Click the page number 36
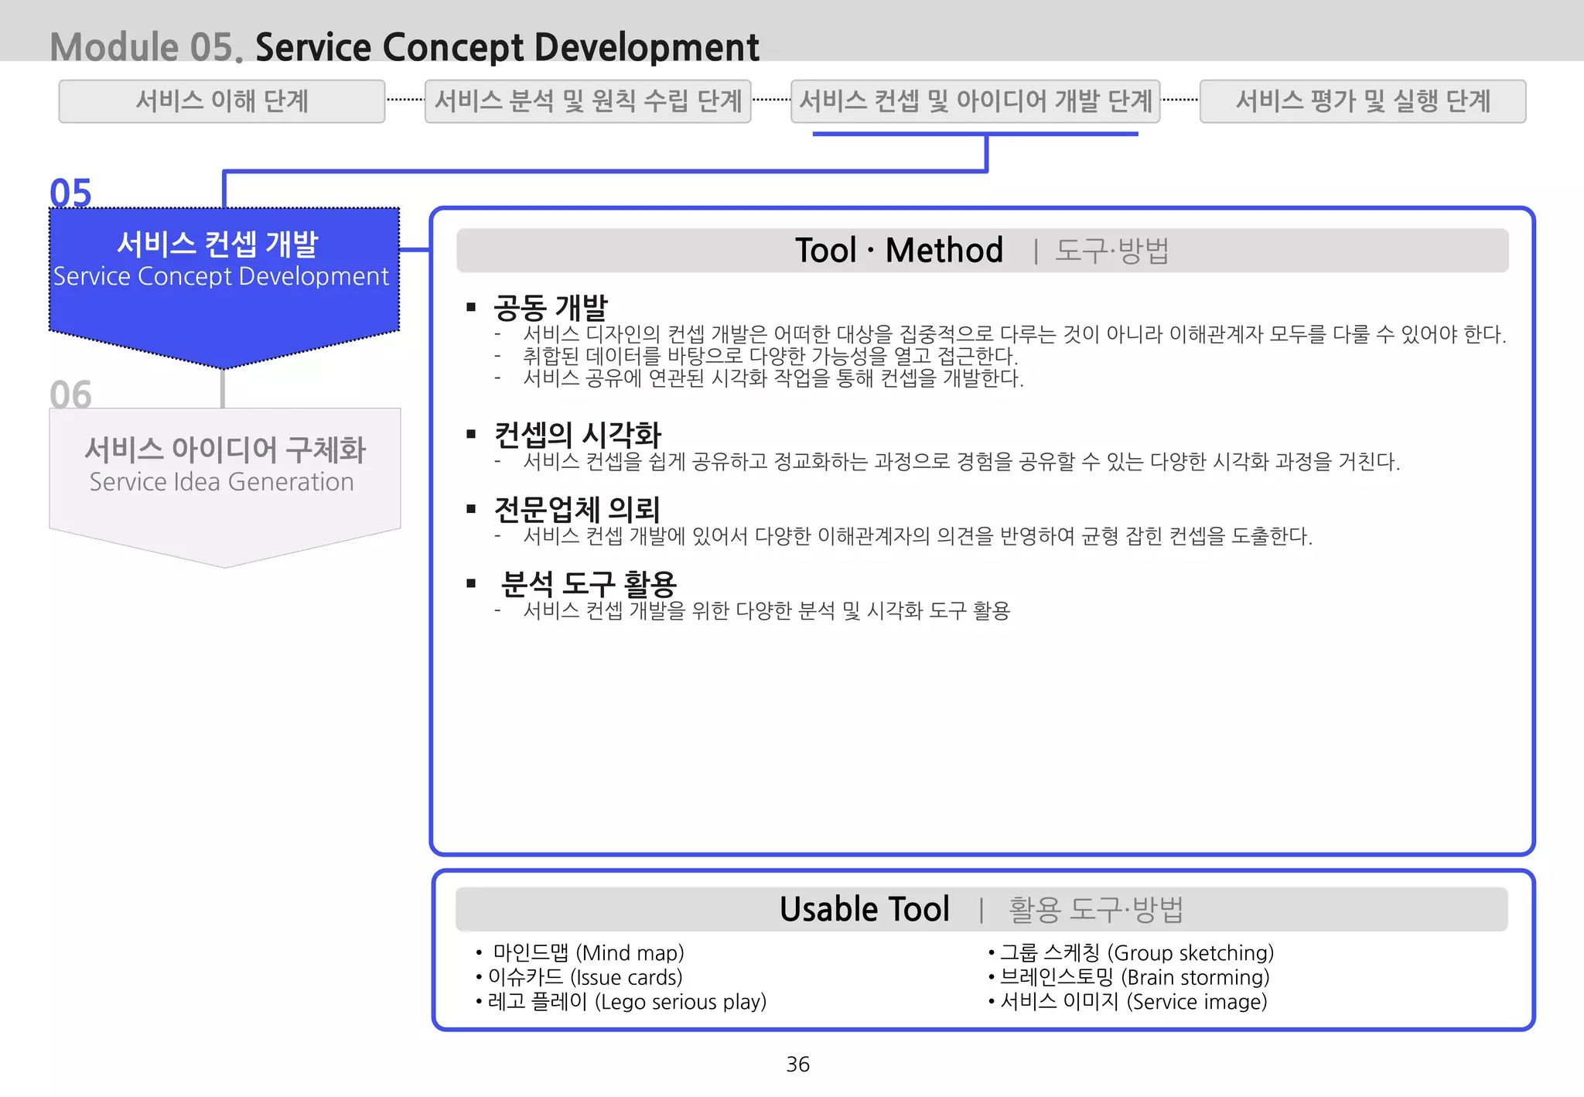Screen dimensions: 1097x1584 (797, 1065)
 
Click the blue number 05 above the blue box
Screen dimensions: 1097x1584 (70, 193)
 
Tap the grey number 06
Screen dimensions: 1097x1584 (70, 395)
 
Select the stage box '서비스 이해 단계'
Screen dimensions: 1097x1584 (222, 101)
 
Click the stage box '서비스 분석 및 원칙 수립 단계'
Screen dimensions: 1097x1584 (588, 101)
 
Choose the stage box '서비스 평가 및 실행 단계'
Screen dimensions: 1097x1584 (1362, 101)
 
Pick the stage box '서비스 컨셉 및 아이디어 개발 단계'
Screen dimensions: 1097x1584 (975, 101)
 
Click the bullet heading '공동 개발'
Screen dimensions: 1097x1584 (551, 307)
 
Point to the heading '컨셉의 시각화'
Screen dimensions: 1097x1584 (578, 435)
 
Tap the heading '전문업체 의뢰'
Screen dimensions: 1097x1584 (577, 509)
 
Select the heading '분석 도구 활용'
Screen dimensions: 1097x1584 (589, 583)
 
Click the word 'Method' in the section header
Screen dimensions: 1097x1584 (944, 251)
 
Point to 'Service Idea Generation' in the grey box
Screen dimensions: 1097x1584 (221, 482)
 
